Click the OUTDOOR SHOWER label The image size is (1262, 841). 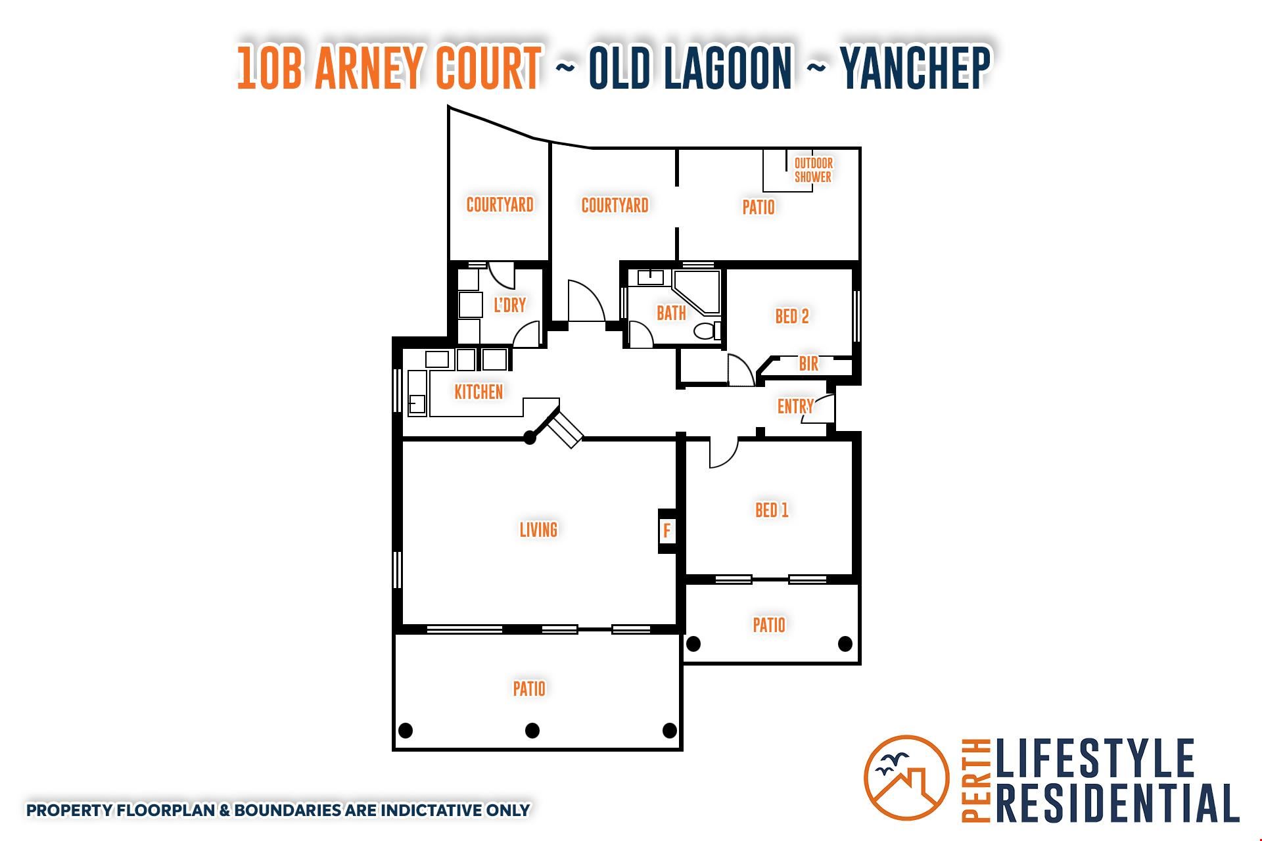tap(813, 170)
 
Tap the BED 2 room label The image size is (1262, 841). tap(792, 316)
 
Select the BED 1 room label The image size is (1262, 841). tap(772, 510)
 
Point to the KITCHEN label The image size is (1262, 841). tap(479, 392)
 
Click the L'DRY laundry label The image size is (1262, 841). tap(510, 305)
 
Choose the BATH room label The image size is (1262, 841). tap(671, 313)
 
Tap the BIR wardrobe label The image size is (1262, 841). tap(808, 363)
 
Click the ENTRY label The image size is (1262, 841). tap(795, 406)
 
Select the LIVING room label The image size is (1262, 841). tap(538, 530)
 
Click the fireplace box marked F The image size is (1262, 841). tap(667, 530)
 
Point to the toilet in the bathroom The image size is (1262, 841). tap(707, 330)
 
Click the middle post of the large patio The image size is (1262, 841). tap(532, 730)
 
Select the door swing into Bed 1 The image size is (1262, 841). tap(724, 453)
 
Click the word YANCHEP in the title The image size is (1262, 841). tap(916, 67)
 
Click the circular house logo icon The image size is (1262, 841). tap(906, 777)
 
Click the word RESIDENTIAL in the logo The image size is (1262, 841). tap(1117, 802)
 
